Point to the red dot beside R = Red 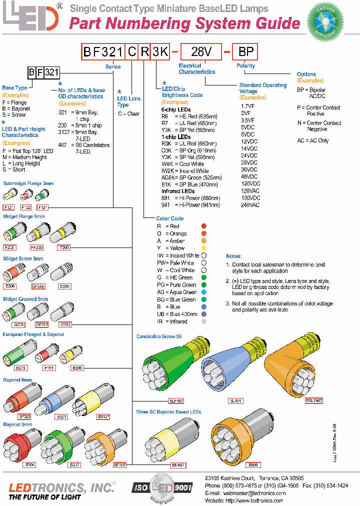tap(203, 226)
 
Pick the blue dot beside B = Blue tap(203, 307)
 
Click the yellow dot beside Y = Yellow tap(203, 248)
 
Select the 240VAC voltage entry tap(250, 205)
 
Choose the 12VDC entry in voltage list tap(249, 141)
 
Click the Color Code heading tap(170, 218)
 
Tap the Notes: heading tap(233, 256)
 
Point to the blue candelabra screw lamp tap(230, 367)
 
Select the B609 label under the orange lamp tap(253, 464)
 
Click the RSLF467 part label tap(314, 400)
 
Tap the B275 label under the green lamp tap(21, 367)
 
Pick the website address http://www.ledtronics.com tap(255, 500)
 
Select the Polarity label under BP tap(245, 65)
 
